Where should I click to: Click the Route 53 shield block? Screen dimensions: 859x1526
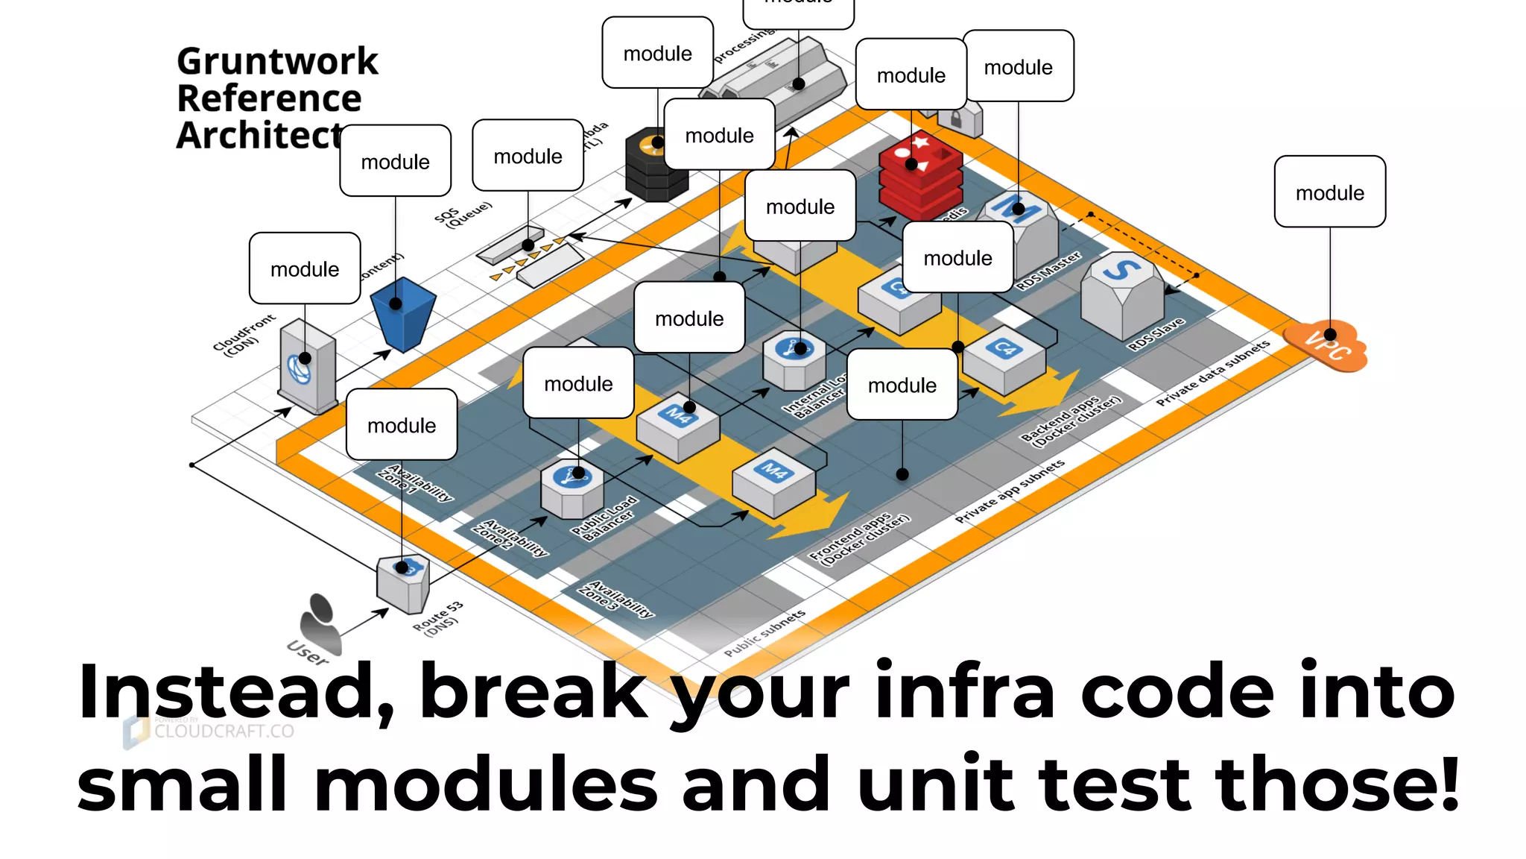coord(402,583)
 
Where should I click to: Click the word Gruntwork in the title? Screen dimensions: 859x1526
coord(277,61)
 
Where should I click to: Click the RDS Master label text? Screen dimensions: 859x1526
coord(1048,270)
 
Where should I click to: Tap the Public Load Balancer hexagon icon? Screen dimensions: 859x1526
coord(572,488)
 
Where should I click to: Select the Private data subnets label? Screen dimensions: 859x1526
coord(1212,374)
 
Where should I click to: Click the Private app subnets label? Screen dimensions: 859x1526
coord(1010,491)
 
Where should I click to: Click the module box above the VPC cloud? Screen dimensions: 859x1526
coord(1330,192)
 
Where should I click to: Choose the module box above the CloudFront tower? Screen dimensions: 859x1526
coord(305,268)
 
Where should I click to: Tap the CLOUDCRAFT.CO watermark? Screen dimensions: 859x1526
coord(224,731)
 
